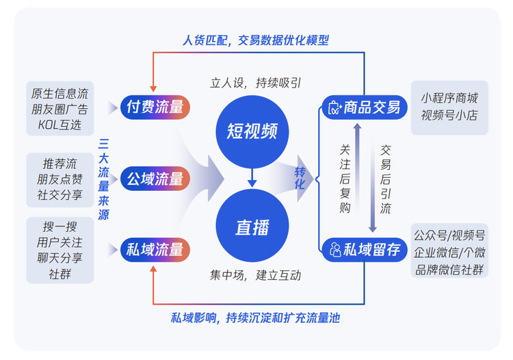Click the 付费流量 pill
[x=155, y=107]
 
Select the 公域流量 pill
[x=155, y=179]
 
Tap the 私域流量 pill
[x=155, y=250]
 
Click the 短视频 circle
[x=252, y=131]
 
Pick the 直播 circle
[x=252, y=226]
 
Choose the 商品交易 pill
[x=365, y=107]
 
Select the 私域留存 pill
[x=365, y=250]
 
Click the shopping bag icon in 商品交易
[x=334, y=107]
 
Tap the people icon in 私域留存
[x=335, y=250]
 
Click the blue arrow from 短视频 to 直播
[x=252, y=178]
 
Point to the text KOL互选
[x=60, y=125]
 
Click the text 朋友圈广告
[x=60, y=110]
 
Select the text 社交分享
[x=60, y=195]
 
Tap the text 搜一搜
[x=60, y=227]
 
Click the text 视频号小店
[x=449, y=116]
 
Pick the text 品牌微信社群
[x=449, y=270]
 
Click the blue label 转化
[x=300, y=179]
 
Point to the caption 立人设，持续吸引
[x=255, y=83]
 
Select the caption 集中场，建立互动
[x=255, y=276]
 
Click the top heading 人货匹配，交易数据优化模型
[x=256, y=40]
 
